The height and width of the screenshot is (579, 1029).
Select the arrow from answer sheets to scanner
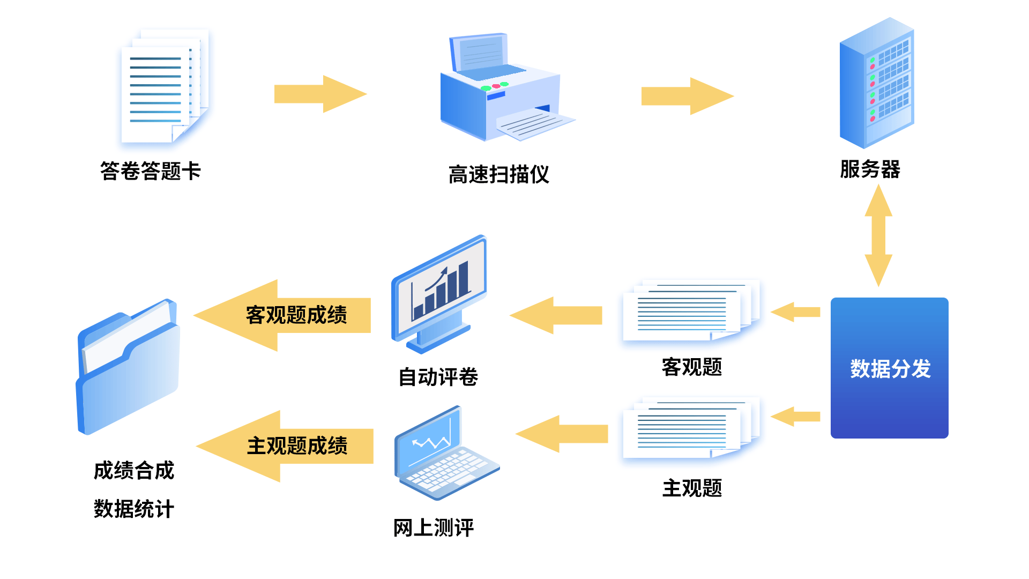pos(320,94)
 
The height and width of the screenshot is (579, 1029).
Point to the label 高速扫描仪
pos(498,175)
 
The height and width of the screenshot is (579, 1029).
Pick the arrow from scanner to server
pos(687,96)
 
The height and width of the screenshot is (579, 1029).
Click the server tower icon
pos(877,84)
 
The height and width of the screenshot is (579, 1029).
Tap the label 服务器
pos(870,169)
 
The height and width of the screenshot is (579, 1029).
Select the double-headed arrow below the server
pos(878,235)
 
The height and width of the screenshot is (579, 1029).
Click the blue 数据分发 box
pos(889,368)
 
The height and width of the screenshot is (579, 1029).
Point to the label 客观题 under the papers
pos(691,367)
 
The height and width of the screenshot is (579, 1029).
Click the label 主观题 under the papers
pos(691,488)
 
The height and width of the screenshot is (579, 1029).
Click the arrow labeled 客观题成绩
pos(283,315)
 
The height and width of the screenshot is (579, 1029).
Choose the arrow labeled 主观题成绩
pos(285,446)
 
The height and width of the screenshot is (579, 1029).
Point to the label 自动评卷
pos(438,377)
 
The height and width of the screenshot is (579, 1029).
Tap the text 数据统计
pos(134,509)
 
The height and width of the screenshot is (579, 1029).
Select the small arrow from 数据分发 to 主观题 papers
pos(795,417)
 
